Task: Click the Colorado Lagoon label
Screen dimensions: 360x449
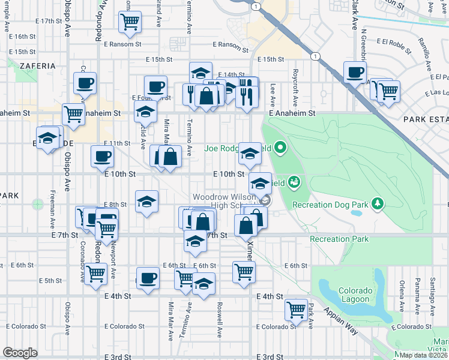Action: [356, 295]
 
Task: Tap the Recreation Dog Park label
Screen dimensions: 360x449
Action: [330, 205]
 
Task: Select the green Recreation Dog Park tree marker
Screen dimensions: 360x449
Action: [377, 204]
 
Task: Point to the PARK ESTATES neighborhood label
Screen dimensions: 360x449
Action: [427, 119]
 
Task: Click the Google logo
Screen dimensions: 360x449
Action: [20, 353]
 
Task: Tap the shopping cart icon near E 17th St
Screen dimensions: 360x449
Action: [130, 22]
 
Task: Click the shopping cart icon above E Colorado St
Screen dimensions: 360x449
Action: [296, 310]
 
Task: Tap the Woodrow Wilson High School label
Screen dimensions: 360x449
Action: [225, 201]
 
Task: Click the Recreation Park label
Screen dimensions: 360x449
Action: [339, 239]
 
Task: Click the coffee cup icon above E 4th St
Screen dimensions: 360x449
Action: [148, 278]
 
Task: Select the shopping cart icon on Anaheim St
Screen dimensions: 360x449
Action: [73, 113]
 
